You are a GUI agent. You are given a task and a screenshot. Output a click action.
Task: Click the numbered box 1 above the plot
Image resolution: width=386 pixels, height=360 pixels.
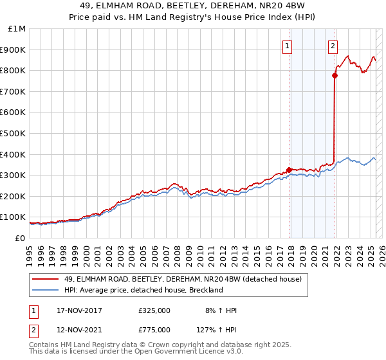[x=286, y=46]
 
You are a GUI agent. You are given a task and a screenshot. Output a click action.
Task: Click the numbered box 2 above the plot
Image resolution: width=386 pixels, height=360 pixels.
[x=333, y=46]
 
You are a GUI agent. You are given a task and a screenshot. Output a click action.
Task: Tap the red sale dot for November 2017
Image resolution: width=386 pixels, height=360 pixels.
[x=289, y=170]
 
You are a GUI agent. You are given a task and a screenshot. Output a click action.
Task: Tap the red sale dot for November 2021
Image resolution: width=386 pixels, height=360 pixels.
[x=335, y=75]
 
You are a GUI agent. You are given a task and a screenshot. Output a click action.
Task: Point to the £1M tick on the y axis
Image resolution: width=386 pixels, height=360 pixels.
[x=18, y=29]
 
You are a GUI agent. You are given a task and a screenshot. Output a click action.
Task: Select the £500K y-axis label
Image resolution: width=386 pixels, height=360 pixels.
[x=14, y=133]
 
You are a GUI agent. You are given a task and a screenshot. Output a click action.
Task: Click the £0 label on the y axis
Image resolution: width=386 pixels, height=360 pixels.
[x=21, y=238]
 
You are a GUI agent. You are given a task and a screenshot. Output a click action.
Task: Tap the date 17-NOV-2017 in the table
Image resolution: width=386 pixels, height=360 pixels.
[x=80, y=310]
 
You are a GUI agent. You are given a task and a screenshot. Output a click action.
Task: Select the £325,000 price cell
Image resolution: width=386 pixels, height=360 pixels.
[x=154, y=310]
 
